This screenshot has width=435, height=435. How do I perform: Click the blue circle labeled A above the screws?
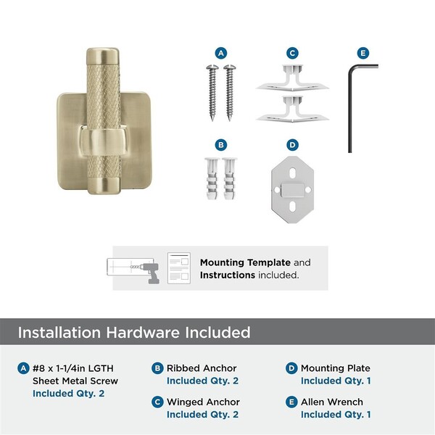pos(221,53)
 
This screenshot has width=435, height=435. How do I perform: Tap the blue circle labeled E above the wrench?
pos(363,53)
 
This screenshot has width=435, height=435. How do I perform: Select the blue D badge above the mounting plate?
pos(292,145)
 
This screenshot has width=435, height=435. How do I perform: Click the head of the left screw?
pos(212,67)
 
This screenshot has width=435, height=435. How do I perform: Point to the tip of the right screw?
pos(229,120)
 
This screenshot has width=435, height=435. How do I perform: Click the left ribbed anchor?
pos(212,178)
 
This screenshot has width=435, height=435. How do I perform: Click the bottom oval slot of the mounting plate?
pos(292,207)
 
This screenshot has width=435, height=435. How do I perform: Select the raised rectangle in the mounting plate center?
pos(292,190)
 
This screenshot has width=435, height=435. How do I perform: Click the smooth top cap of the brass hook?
pos(103,57)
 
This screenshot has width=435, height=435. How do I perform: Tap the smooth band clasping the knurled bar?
pos(103,142)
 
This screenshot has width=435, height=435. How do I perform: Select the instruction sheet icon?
pos(179,268)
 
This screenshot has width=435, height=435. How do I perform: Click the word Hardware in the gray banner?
pos(143,332)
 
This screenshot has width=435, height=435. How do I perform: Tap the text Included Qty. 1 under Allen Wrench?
pos(336,414)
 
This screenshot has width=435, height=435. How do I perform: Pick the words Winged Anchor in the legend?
pos(203,402)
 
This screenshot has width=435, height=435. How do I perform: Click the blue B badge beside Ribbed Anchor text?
pos(157,368)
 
